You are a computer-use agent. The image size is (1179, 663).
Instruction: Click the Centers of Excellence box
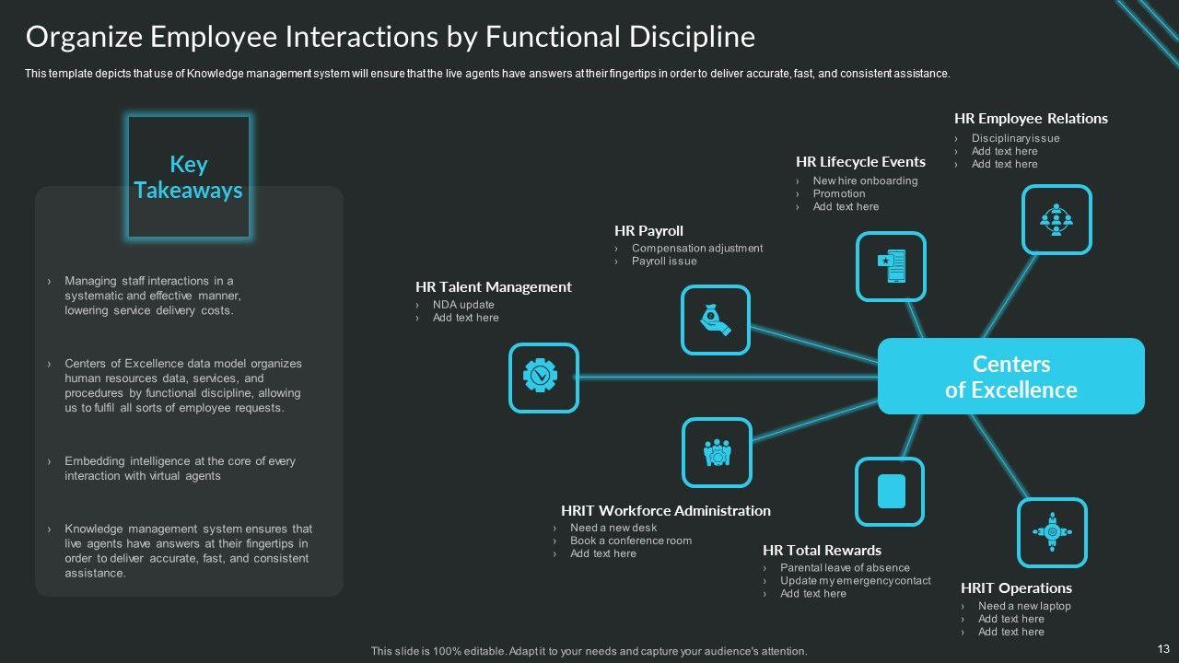pyautogui.click(x=1010, y=377)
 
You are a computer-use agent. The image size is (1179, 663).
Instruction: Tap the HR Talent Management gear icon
pyautogui.click(x=543, y=378)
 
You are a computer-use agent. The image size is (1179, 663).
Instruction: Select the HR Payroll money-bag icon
pyautogui.click(x=716, y=320)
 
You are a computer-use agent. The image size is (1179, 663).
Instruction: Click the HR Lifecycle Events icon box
pyautogui.click(x=891, y=266)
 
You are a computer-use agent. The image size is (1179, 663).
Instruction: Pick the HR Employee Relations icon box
pyautogui.click(x=1056, y=219)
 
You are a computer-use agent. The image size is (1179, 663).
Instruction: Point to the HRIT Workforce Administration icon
pyautogui.click(x=717, y=452)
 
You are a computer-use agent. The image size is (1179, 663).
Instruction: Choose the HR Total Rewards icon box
pyautogui.click(x=890, y=492)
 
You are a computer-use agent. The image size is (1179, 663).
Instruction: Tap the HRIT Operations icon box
pyautogui.click(x=1052, y=532)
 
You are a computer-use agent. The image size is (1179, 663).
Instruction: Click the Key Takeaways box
pyautogui.click(x=189, y=177)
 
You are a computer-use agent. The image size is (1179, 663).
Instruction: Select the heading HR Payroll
pyautogui.click(x=648, y=231)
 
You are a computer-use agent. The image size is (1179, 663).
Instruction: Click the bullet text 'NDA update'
pyautogui.click(x=463, y=305)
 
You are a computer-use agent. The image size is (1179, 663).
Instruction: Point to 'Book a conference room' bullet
pyautogui.click(x=631, y=541)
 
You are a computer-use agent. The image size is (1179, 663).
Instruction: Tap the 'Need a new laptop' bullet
pyautogui.click(x=1024, y=606)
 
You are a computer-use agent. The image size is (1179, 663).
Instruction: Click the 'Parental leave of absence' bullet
pyautogui.click(x=845, y=568)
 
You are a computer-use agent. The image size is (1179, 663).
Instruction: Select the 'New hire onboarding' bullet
pyautogui.click(x=865, y=180)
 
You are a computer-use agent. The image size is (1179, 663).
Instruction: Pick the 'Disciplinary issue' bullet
pyautogui.click(x=1015, y=138)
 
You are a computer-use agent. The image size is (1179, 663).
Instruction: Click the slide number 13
pyautogui.click(x=1161, y=648)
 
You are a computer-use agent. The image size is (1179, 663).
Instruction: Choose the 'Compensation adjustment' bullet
pyautogui.click(x=697, y=248)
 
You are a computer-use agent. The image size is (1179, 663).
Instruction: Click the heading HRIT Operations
pyautogui.click(x=1016, y=588)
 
